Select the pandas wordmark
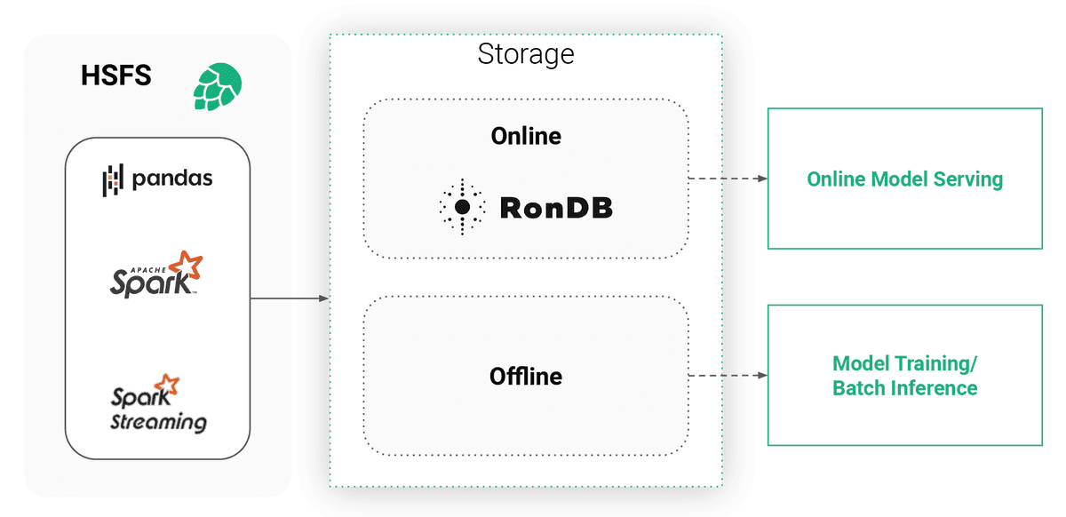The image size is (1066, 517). [x=172, y=179]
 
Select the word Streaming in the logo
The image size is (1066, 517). [x=158, y=421]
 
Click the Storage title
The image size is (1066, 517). [x=526, y=54]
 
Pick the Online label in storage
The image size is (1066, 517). [x=526, y=136]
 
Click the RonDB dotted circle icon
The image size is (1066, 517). [x=462, y=207]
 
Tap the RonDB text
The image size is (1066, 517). [x=556, y=208]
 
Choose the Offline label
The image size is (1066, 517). [x=526, y=377]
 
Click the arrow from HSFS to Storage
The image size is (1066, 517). [x=290, y=298]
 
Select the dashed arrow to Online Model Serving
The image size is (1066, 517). [x=728, y=179]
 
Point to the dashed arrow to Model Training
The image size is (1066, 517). [x=728, y=376]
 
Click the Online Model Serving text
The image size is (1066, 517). [x=904, y=179]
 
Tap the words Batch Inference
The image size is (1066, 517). [x=904, y=388]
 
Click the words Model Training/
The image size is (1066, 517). [x=904, y=364]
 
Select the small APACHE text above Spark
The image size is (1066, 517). [x=141, y=266]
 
